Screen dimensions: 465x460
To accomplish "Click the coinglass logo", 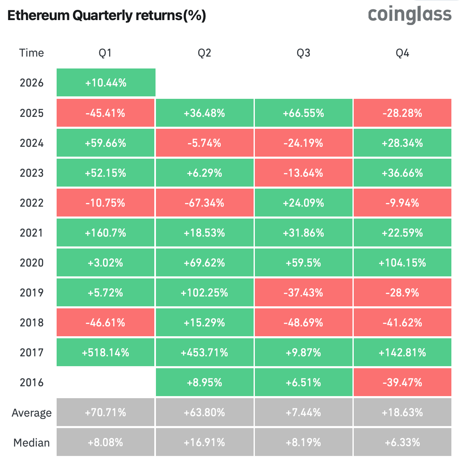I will pyautogui.click(x=410, y=15).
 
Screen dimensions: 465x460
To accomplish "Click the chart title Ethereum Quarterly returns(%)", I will pyautogui.click(x=107, y=16).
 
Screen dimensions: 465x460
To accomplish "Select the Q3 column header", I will pyautogui.click(x=303, y=53).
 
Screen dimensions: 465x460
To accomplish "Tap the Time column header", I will pyautogui.click(x=31, y=53).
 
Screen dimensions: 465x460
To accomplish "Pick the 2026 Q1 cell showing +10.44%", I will pyautogui.click(x=106, y=83).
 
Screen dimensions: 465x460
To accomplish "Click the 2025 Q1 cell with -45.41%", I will pyautogui.click(x=106, y=113).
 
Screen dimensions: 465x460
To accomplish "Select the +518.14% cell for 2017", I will pyautogui.click(x=106, y=353).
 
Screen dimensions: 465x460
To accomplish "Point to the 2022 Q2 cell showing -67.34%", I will pyautogui.click(x=204, y=203).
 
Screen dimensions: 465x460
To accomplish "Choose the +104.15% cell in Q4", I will pyautogui.click(x=402, y=263).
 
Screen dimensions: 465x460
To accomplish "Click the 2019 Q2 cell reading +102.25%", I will pyautogui.click(x=204, y=293).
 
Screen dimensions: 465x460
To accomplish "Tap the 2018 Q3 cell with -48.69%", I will pyautogui.click(x=303, y=323).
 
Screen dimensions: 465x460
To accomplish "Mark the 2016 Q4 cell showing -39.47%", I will pyautogui.click(x=402, y=383).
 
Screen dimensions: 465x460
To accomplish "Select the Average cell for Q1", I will pyautogui.click(x=106, y=413).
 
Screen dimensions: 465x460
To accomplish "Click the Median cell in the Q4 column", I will pyautogui.click(x=402, y=442).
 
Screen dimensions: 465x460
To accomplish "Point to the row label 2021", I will pyautogui.click(x=31, y=233).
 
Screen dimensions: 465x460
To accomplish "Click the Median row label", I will pyautogui.click(x=31, y=443).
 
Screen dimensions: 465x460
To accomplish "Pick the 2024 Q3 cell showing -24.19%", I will pyautogui.click(x=303, y=143).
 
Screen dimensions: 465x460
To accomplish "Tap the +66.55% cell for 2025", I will pyautogui.click(x=303, y=113).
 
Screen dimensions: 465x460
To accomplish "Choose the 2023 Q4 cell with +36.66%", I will pyautogui.click(x=402, y=173).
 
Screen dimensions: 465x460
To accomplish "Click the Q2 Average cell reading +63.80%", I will pyautogui.click(x=204, y=413).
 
